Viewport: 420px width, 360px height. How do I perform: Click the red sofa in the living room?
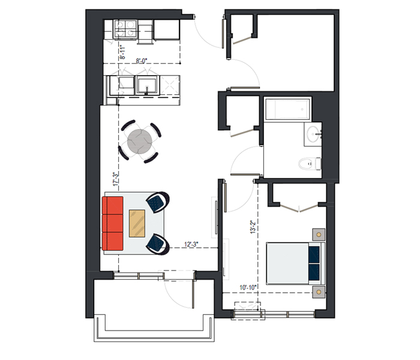[113, 223]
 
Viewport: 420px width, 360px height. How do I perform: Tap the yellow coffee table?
[137, 223]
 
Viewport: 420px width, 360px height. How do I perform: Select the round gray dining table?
[140, 142]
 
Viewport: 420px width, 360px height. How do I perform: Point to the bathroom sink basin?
[313, 133]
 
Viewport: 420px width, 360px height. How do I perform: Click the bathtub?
[287, 110]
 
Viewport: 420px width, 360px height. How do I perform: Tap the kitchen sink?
[146, 85]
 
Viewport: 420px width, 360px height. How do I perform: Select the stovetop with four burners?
[125, 29]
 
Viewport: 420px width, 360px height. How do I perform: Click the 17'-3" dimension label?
[115, 179]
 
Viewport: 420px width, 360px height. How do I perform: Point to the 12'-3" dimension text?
[191, 244]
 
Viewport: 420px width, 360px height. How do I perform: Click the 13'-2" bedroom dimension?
[253, 227]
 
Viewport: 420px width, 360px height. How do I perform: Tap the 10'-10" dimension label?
[248, 287]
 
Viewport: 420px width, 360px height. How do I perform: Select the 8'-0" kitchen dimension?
[142, 61]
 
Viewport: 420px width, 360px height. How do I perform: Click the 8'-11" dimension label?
[122, 52]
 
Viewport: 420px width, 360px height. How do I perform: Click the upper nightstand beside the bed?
[319, 235]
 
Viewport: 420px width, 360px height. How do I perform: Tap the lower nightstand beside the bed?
[319, 292]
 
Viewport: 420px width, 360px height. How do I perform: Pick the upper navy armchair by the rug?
[157, 202]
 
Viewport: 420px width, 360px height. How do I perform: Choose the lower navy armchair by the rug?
[157, 244]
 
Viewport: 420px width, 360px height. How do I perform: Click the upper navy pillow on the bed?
[314, 254]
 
